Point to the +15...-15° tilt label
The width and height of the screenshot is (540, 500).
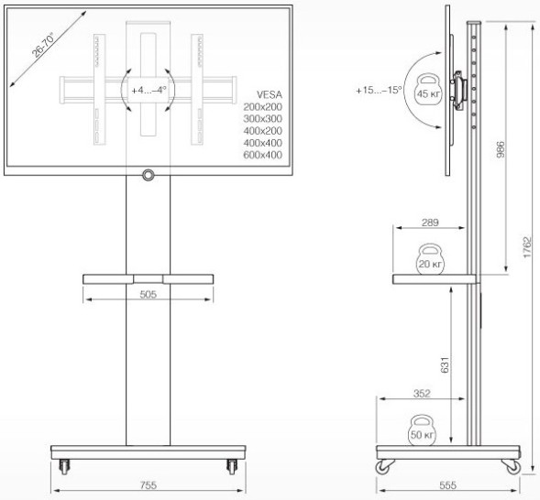coord(380,91)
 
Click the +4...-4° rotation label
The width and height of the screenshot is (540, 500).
coord(149,91)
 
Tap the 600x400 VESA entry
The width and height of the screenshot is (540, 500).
coord(262,155)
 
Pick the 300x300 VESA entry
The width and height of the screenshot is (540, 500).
coord(262,119)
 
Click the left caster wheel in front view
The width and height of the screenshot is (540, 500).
coord(64,468)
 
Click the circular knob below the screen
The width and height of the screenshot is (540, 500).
coord(148,174)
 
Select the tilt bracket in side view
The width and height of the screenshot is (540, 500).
coord(463,88)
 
